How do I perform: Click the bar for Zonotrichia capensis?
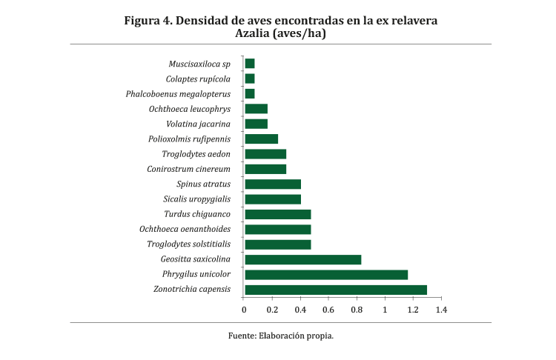pyautogui.click(x=335, y=290)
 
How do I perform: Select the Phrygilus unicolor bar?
pyautogui.click(x=326, y=275)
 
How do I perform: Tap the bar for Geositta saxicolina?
pyautogui.click(x=302, y=259)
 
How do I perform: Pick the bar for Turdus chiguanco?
pyautogui.click(x=277, y=214)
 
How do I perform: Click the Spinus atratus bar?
pyautogui.click(x=272, y=184)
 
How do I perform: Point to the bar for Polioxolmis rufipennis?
pyautogui.click(x=261, y=139)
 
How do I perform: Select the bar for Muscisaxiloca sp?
pyautogui.click(x=249, y=64)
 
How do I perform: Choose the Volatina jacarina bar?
pyautogui.click(x=256, y=124)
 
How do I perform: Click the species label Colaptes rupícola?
pyautogui.click(x=199, y=79)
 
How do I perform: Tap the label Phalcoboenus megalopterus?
pyautogui.click(x=178, y=94)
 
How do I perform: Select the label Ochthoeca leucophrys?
pyautogui.click(x=190, y=109)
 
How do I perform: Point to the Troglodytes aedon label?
pyautogui.click(x=196, y=154)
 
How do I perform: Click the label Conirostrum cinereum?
pyautogui.click(x=189, y=169)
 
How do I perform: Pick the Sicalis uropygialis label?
pyautogui.click(x=197, y=199)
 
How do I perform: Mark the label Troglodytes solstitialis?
pyautogui.click(x=189, y=244)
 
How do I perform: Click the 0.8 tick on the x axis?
pyautogui.click(x=357, y=309)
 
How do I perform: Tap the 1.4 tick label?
pyautogui.click(x=441, y=309)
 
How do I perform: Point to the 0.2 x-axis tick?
pyautogui.click(x=272, y=309)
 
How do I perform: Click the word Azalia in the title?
pyautogui.click(x=254, y=34)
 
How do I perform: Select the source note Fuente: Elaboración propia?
pyautogui.click(x=281, y=336)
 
